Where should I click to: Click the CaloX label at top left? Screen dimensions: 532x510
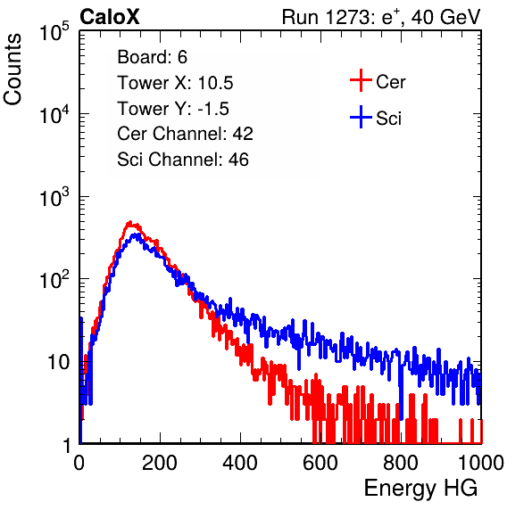[x=110, y=17]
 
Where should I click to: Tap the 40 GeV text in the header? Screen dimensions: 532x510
[x=445, y=17]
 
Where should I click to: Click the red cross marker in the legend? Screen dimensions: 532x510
[x=361, y=80]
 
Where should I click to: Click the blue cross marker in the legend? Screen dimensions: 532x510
[x=361, y=117]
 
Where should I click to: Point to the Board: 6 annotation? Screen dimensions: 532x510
[x=152, y=57]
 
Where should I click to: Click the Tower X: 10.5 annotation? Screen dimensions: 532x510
[x=175, y=83]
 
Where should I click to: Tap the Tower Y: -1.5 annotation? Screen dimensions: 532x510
[x=173, y=109]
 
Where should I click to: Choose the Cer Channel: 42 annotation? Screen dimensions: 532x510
[x=186, y=134]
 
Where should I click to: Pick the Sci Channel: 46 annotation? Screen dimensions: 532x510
[x=183, y=160]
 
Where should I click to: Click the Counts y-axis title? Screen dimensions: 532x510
[x=12, y=70]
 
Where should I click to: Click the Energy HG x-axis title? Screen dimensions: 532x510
[x=420, y=489]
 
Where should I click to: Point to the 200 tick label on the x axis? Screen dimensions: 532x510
[x=160, y=463]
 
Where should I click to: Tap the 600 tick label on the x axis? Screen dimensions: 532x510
[x=320, y=463]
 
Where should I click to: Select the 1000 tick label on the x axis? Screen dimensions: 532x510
[x=481, y=463]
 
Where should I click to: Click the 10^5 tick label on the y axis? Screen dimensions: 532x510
[x=54, y=32]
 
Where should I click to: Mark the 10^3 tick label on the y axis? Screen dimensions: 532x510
[x=54, y=197]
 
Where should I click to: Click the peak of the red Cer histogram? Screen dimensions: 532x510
[x=130, y=223]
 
